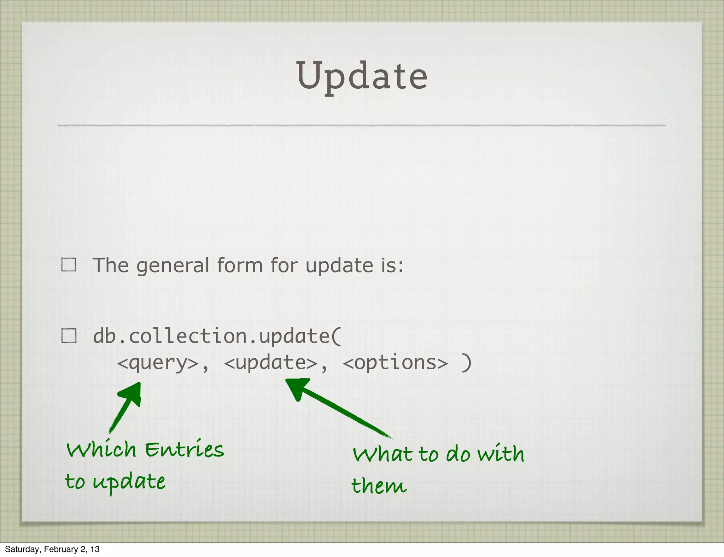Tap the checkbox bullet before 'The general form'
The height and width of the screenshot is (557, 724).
click(69, 264)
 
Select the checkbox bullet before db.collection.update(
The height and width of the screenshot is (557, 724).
click(69, 335)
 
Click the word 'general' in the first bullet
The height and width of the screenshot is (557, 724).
click(173, 266)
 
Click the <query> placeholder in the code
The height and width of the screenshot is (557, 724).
click(158, 363)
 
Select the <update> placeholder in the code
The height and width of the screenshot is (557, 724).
click(271, 363)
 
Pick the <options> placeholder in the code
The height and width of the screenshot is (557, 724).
click(395, 363)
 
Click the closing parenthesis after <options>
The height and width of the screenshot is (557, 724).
click(467, 363)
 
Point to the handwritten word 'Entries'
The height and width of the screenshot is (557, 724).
click(184, 450)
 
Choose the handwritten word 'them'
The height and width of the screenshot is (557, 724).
click(379, 486)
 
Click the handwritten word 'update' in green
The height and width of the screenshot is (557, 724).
click(129, 482)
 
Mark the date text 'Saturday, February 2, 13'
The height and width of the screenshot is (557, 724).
click(52, 549)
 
